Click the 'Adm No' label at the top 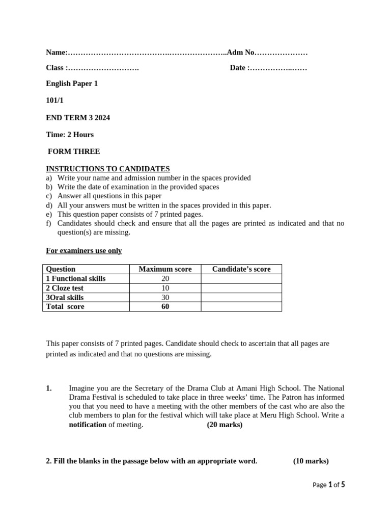coord(240,53)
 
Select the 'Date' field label coord(239,68)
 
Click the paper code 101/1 coord(55,101)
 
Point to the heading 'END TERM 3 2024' coord(78,118)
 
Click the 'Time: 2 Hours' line coord(70,135)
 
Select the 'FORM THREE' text coord(74,151)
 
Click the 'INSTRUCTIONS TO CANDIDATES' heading coord(108,169)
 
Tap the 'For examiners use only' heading coord(84,251)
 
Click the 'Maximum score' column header coord(165,269)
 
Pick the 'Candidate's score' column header coord(241,269)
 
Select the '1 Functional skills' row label coord(76,279)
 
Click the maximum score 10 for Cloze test coord(165,288)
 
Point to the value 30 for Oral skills coord(165,297)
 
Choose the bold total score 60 coord(165,306)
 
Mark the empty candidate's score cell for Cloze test coord(241,288)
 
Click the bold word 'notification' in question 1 coord(88,425)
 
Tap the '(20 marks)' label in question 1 coord(225,425)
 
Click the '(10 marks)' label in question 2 coord(311,461)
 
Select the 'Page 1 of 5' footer coord(328,485)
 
